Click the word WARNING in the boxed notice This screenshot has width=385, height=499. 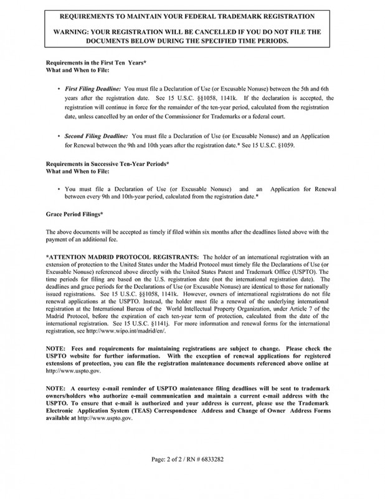(73, 30)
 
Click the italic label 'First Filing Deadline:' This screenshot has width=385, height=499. (93, 90)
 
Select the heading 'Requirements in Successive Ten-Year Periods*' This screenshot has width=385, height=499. (109, 163)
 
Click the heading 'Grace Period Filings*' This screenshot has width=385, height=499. (75, 214)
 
